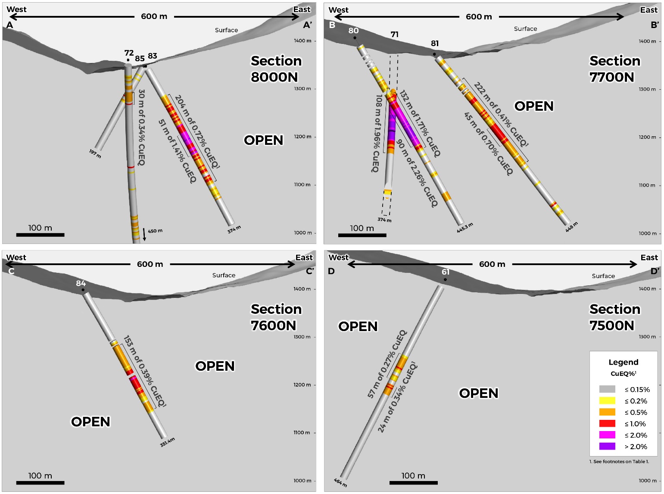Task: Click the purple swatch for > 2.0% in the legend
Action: pos(607,446)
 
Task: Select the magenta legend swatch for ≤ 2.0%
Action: pos(607,435)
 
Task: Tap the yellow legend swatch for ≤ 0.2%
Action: pos(607,400)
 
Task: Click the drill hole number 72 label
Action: pos(129,53)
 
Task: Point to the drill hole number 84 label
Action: pos(81,283)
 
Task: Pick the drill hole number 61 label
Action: pos(446,272)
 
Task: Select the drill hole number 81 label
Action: pos(435,44)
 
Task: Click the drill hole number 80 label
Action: pos(353,31)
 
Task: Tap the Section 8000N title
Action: pos(276,69)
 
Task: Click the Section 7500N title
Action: pos(614,317)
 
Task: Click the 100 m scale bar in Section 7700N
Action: pos(362,235)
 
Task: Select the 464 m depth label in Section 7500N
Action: pos(340,482)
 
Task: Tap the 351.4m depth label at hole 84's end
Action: pos(168,442)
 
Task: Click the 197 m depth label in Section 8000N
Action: pos(95,153)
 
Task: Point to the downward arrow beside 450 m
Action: pos(144,234)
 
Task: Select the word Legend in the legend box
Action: pos(623,362)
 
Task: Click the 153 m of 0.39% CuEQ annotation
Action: pos(145,372)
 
